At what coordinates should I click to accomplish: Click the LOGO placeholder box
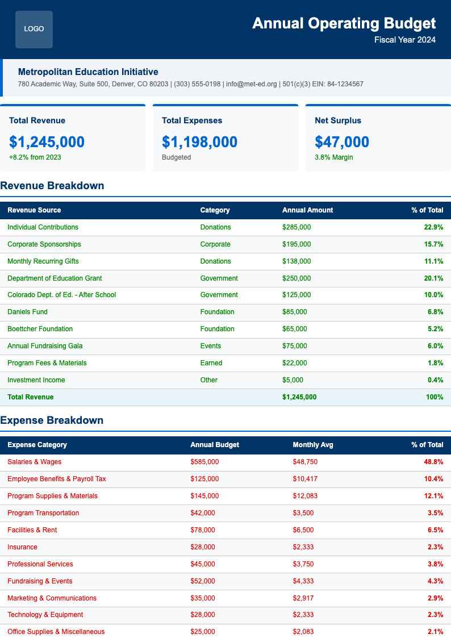click(x=34, y=29)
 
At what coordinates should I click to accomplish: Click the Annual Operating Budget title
click(x=344, y=23)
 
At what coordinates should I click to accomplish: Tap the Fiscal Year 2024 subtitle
click(x=405, y=40)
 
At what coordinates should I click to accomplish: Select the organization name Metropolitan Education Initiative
click(x=88, y=72)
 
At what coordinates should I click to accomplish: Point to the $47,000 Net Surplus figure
click(x=342, y=141)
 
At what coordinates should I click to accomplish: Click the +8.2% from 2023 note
click(x=35, y=157)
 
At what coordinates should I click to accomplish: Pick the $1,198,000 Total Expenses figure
click(x=199, y=141)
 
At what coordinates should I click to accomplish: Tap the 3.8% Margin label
click(x=333, y=157)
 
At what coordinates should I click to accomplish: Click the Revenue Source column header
click(x=34, y=210)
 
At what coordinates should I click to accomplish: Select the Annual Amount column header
click(x=307, y=210)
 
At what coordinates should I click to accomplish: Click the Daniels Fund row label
click(x=27, y=312)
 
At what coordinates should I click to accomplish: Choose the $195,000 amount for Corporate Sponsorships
click(x=297, y=244)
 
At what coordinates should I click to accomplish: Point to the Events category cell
click(x=211, y=346)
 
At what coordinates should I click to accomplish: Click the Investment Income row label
click(x=36, y=380)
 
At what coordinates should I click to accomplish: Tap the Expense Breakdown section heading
click(x=52, y=420)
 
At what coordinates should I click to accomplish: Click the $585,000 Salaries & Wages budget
click(x=204, y=462)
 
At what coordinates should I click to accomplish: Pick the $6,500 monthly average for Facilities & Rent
click(x=303, y=530)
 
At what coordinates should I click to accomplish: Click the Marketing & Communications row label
click(x=52, y=598)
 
